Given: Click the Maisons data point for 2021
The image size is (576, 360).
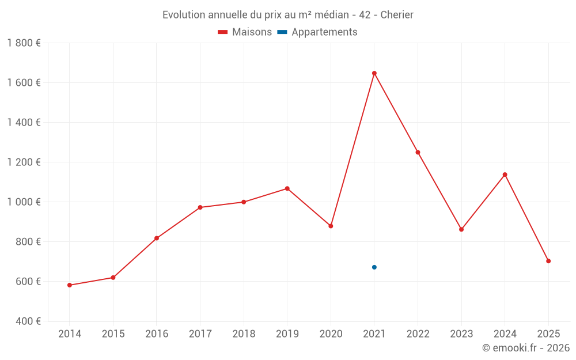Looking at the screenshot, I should [x=374, y=73].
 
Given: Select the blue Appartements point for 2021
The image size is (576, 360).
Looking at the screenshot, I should [x=374, y=267].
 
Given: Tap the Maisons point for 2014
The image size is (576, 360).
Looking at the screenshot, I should [x=70, y=285].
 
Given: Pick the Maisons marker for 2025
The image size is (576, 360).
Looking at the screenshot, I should [x=548, y=261].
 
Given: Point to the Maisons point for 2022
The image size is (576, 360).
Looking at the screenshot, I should [x=418, y=152].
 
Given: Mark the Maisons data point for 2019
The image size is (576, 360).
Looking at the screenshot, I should [x=287, y=188].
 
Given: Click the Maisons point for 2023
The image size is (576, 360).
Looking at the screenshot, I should [x=461, y=229].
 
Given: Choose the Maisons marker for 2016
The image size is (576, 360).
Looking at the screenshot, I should [x=157, y=238].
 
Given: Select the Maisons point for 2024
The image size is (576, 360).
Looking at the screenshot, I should [x=505, y=175].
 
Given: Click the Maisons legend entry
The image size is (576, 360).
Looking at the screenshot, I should [x=245, y=32].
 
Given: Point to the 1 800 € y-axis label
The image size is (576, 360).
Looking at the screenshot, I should [x=24, y=43].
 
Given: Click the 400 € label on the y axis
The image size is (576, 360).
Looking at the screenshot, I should [x=28, y=321].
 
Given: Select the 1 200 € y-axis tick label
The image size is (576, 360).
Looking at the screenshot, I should [x=24, y=162].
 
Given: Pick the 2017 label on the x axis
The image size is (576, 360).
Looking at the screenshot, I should [x=200, y=334].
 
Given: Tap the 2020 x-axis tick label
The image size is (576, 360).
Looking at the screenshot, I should [x=331, y=334].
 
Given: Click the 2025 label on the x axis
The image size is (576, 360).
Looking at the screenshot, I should [x=548, y=334].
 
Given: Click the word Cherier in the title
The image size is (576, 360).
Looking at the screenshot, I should [x=397, y=15].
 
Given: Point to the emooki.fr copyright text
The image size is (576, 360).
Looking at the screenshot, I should [x=526, y=348].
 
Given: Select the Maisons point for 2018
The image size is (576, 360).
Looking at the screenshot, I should [x=244, y=202].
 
